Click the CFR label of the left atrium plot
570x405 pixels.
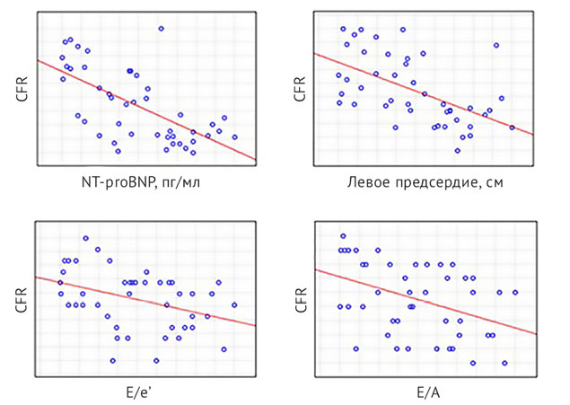[300, 89]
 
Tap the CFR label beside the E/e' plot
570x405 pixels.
[20, 299]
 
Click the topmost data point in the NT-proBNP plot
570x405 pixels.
[161, 29]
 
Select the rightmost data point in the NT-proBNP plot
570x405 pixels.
[234, 137]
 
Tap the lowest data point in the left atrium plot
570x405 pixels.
[457, 150]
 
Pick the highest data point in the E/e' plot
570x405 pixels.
[85, 238]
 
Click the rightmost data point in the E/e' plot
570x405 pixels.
[234, 305]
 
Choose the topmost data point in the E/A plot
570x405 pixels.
[343, 236]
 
